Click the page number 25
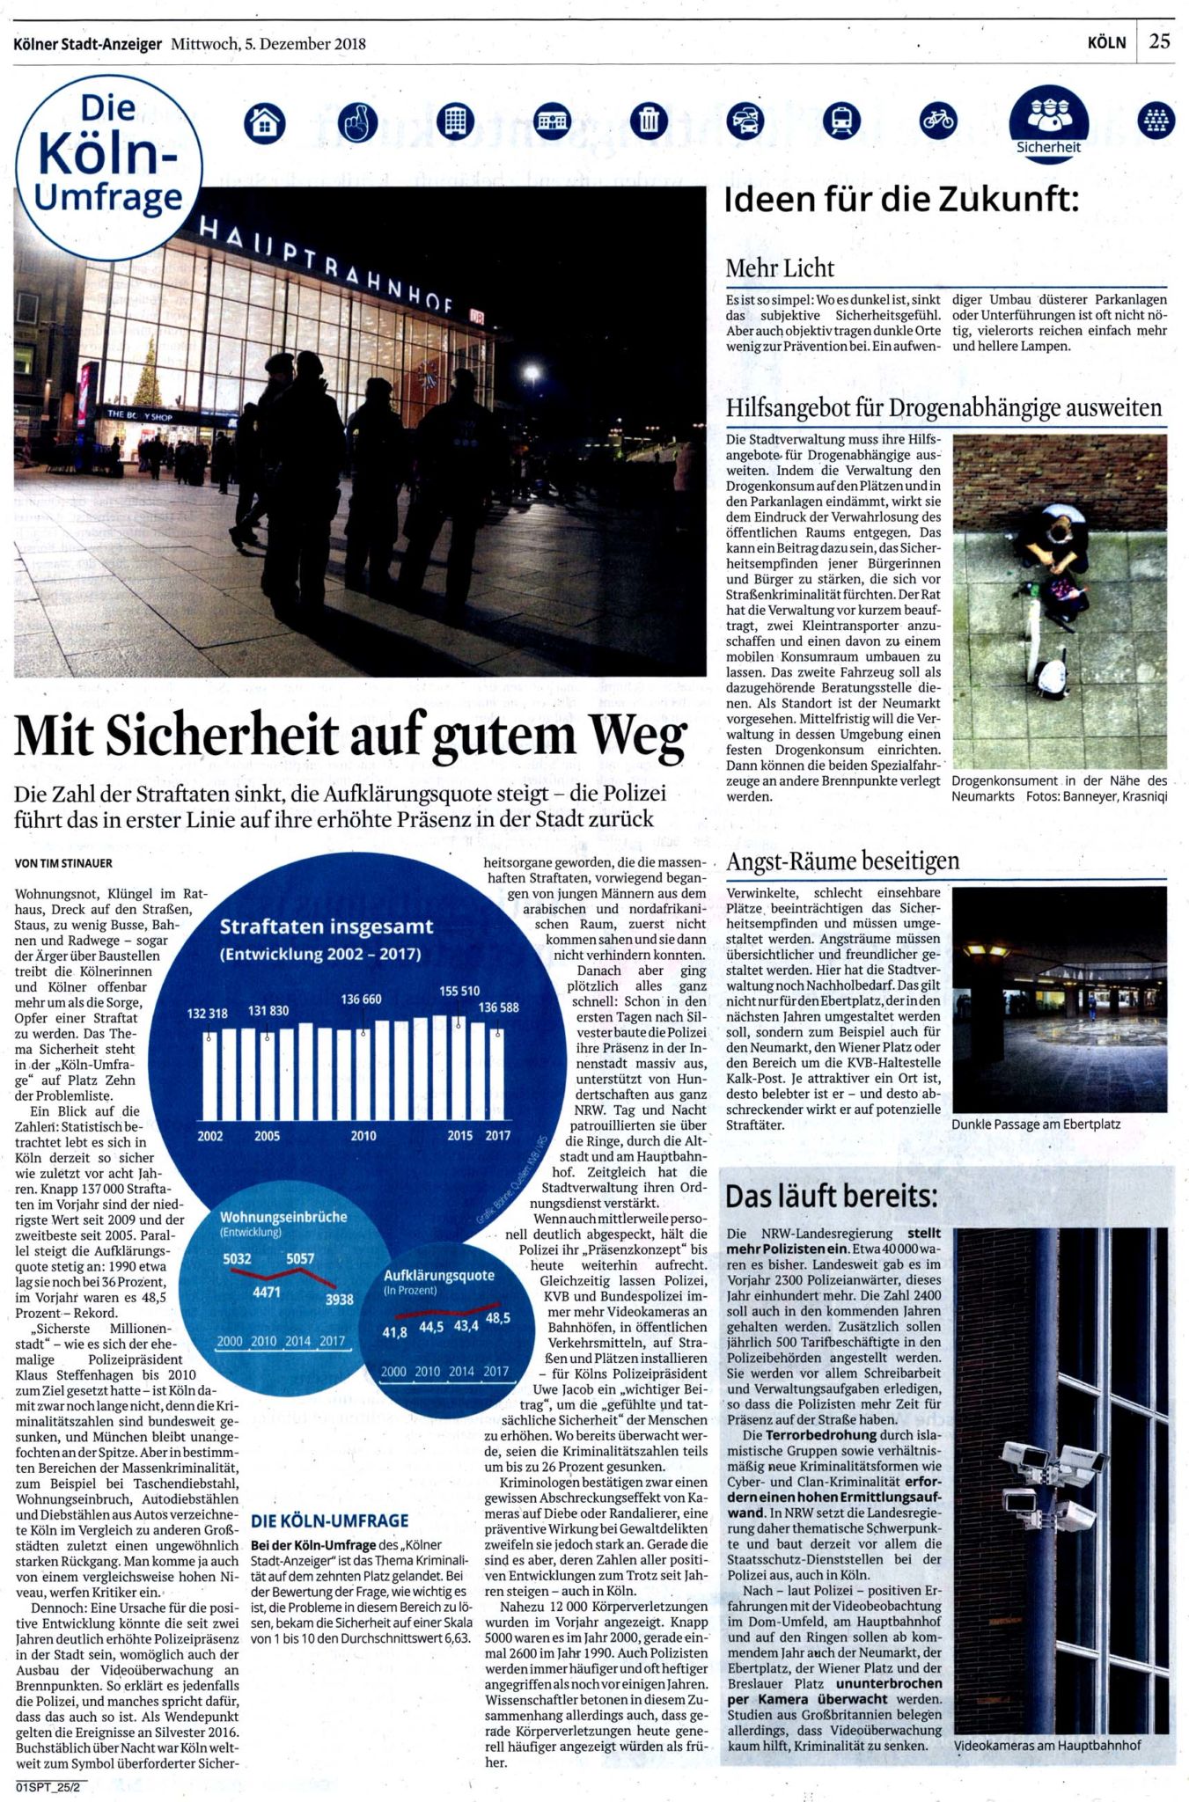[x=1159, y=41]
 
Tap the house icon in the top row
[x=264, y=122]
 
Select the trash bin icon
[x=648, y=121]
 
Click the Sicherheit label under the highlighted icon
[x=1048, y=147]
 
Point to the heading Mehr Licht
[x=780, y=268]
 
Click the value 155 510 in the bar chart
[x=459, y=991]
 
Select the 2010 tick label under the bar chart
[x=363, y=1136]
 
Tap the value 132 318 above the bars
[x=207, y=1013]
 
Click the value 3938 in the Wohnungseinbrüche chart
[x=339, y=1299]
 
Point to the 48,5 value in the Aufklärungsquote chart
[x=497, y=1318]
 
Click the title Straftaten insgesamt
[x=327, y=927]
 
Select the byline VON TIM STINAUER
[x=64, y=863]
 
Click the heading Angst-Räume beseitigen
[x=842, y=861]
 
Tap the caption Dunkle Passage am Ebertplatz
[x=1035, y=1124]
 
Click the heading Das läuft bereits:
[x=831, y=1197]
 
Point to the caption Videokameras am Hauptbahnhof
[x=1046, y=1745]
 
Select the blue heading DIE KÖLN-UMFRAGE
[x=329, y=1520]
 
